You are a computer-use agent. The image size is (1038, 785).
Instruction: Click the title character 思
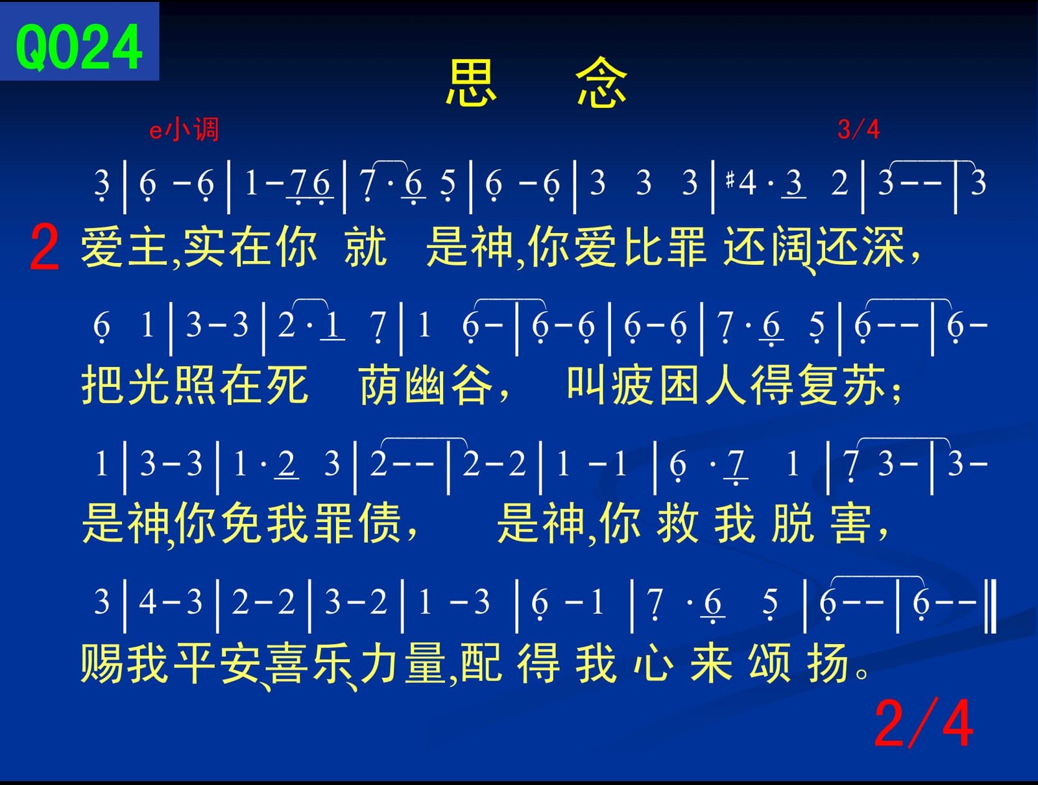coord(471,82)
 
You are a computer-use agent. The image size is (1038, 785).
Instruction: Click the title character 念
coord(601,82)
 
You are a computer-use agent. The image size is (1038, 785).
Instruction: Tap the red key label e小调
coord(184,130)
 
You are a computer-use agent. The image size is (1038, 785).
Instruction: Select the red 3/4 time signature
coord(858,129)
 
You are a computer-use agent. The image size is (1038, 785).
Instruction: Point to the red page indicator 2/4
coord(924,724)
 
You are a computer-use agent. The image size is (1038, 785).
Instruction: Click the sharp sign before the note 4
coord(730,180)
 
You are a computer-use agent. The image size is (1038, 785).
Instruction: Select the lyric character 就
coord(365,247)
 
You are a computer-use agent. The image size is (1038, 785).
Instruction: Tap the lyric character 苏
coord(864,384)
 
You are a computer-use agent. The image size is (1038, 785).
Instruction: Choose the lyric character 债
coord(380,523)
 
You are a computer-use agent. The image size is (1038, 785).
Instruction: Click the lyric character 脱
coord(793,523)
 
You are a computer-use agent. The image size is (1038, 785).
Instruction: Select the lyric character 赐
coord(102,662)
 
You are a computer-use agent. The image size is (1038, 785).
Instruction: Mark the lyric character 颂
coord(769,662)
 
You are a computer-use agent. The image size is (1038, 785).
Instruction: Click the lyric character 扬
coord(828,662)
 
